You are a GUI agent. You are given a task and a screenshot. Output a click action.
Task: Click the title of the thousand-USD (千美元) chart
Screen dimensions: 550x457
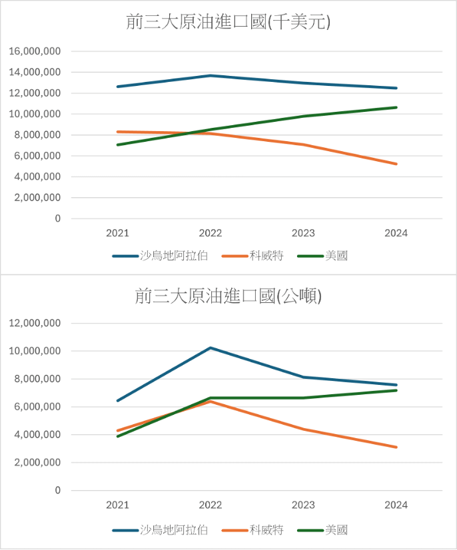coord(228,22)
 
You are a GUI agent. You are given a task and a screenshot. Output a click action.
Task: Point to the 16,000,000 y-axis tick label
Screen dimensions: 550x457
coord(35,51)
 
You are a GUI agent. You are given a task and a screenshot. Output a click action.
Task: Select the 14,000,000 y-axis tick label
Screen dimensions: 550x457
coord(35,72)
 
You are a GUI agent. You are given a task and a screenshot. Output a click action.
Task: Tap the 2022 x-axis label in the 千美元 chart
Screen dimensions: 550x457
coord(211,233)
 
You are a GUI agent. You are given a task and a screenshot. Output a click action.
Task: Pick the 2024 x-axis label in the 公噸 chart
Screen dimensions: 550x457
coord(396,505)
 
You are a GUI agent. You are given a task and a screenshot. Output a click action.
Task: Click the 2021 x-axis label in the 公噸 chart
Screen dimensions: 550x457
coord(118,505)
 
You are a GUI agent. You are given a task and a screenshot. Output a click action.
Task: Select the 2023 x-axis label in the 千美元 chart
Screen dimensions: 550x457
coord(303,233)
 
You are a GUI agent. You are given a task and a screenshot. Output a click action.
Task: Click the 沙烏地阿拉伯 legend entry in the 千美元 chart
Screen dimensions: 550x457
coord(160,256)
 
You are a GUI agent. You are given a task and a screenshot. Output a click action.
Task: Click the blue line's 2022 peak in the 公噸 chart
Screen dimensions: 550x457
coord(211,348)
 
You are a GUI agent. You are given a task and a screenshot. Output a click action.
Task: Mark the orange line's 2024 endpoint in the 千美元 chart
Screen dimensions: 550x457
coord(396,164)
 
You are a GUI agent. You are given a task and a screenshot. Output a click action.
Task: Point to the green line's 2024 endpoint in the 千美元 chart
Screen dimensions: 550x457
coord(396,107)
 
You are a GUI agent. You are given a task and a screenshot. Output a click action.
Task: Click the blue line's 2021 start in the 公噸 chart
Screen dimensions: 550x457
coord(118,400)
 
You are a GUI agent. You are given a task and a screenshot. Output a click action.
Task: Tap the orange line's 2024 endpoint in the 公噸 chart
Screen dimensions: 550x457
coord(396,447)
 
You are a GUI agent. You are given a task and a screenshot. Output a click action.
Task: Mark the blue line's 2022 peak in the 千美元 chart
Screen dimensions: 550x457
coord(211,75)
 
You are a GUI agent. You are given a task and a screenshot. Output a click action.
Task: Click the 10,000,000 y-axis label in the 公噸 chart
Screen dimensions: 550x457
coord(35,351)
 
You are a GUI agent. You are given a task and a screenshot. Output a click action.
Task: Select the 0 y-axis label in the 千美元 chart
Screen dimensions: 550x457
coord(58,218)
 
